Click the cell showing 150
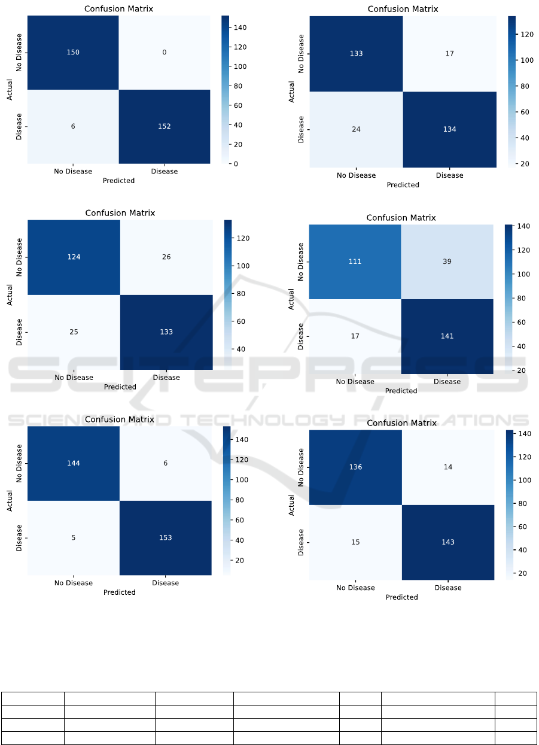(x=73, y=53)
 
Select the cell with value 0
(x=165, y=53)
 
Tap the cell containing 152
(x=165, y=126)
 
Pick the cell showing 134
(x=449, y=129)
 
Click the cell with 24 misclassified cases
(x=357, y=129)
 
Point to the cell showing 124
(x=74, y=257)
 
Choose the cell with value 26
(x=166, y=257)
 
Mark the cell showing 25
(x=74, y=332)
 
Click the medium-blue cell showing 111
(x=355, y=262)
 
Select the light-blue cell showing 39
(x=447, y=262)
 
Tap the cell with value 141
(x=447, y=336)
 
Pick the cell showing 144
(x=74, y=463)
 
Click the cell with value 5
(x=74, y=537)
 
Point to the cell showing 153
(x=165, y=537)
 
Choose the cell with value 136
(x=355, y=468)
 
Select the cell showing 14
(x=448, y=468)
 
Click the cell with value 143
(x=448, y=542)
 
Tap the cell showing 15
(x=355, y=542)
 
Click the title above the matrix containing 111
(x=401, y=218)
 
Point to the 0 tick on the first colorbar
(x=235, y=163)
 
